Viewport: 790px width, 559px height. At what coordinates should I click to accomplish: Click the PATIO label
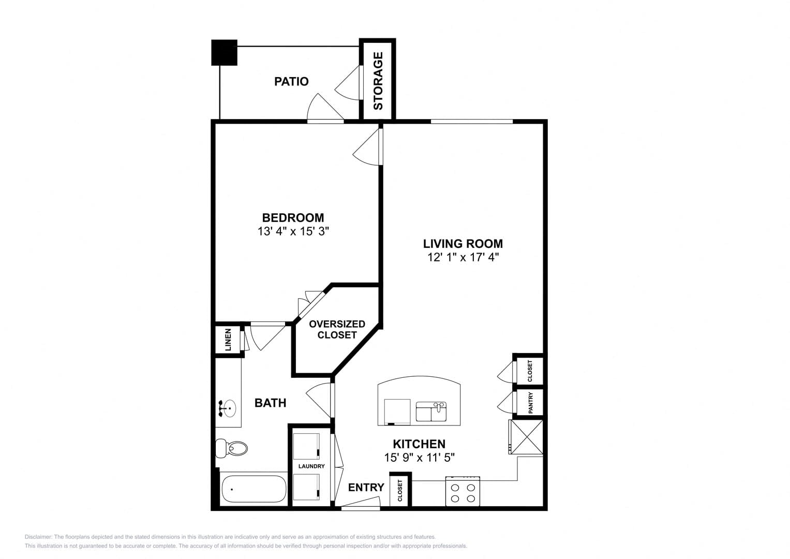pyautogui.click(x=291, y=82)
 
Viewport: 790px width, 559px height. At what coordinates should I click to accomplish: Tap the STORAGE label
pyautogui.click(x=378, y=81)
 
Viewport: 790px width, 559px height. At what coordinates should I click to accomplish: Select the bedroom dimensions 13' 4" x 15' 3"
pyautogui.click(x=293, y=231)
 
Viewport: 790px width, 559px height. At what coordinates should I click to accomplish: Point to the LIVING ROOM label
pyautogui.click(x=463, y=243)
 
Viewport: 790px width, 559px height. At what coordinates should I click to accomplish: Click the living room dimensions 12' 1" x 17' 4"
pyautogui.click(x=463, y=257)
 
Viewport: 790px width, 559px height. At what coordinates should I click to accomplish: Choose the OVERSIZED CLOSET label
pyautogui.click(x=337, y=329)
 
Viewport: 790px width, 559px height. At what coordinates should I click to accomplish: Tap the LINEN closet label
pyautogui.click(x=228, y=340)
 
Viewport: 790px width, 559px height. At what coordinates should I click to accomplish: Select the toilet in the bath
pyautogui.click(x=231, y=448)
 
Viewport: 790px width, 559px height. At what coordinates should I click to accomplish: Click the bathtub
pyautogui.click(x=254, y=489)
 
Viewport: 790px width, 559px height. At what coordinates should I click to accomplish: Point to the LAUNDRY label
pyautogui.click(x=311, y=466)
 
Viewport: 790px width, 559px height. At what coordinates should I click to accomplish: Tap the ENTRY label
pyautogui.click(x=366, y=488)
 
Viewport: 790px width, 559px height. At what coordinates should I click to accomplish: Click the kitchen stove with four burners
pyautogui.click(x=463, y=491)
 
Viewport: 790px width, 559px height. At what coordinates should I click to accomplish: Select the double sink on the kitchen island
pyautogui.click(x=431, y=411)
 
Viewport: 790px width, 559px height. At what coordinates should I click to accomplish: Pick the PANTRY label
pyautogui.click(x=530, y=403)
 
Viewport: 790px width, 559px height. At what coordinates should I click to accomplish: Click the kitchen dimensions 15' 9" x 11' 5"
pyautogui.click(x=420, y=458)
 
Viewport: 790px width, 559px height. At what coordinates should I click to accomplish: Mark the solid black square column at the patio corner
pyautogui.click(x=225, y=53)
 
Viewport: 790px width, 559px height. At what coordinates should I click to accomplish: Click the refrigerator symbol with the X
pyautogui.click(x=526, y=437)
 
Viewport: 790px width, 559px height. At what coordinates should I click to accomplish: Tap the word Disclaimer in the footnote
pyautogui.click(x=38, y=537)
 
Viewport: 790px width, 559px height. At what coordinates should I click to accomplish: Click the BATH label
pyautogui.click(x=270, y=403)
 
